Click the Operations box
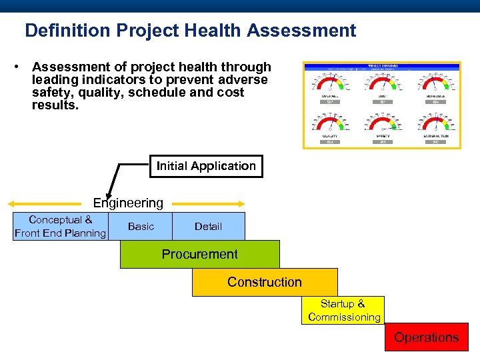coord(426,337)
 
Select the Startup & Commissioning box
coord(344,311)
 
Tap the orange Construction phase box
coord(265,282)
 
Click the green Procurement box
coord(199,254)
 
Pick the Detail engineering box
coord(208,227)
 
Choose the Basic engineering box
coord(141,227)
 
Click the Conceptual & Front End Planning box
coord(60,227)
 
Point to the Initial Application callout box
coord(206,166)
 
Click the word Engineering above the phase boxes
coord(128,203)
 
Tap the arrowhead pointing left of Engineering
coord(12,203)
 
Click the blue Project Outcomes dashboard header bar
coord(381,66)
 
